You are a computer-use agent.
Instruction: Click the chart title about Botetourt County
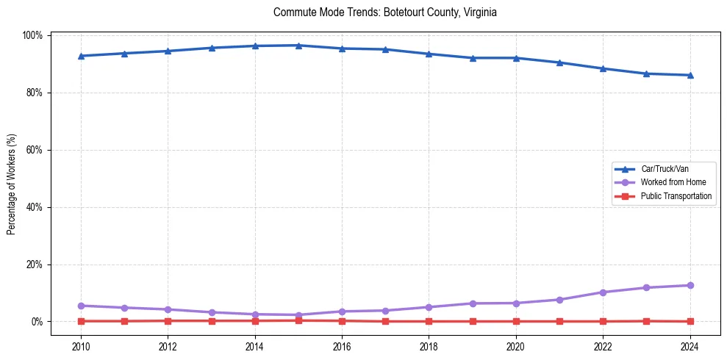pyautogui.click(x=385, y=12)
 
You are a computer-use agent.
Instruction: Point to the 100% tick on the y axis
pyautogui.click(x=34, y=35)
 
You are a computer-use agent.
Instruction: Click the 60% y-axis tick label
pyautogui.click(x=35, y=150)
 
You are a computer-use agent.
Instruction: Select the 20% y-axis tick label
pyautogui.click(x=35, y=264)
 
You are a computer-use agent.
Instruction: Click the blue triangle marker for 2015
pyautogui.click(x=298, y=46)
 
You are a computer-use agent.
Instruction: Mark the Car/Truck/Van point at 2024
pyautogui.click(x=690, y=75)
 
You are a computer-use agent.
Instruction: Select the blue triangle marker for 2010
pyautogui.click(x=81, y=56)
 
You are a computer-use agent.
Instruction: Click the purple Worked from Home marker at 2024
pyautogui.click(x=690, y=285)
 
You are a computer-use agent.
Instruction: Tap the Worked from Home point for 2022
pyautogui.click(x=603, y=292)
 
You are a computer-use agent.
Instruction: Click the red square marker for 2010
pyautogui.click(x=81, y=321)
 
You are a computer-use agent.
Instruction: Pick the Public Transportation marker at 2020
pyautogui.click(x=516, y=321)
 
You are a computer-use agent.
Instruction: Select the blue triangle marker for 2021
pyautogui.click(x=559, y=62)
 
